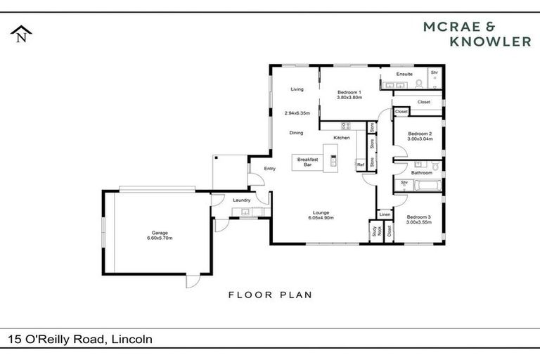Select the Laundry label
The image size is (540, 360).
(x=241, y=200)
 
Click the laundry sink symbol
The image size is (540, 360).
(x=245, y=211)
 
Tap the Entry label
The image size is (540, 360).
(x=269, y=169)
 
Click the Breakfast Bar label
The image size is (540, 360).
(x=307, y=162)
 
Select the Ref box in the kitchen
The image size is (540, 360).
(x=361, y=165)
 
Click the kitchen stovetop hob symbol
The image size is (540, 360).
(x=345, y=127)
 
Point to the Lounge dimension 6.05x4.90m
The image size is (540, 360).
(x=320, y=218)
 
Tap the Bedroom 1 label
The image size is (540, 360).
(x=349, y=92)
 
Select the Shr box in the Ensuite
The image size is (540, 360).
(x=435, y=72)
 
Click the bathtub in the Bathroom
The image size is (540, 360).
(x=425, y=186)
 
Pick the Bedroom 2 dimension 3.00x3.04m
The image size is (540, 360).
(x=420, y=139)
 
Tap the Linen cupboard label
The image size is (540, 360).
(x=385, y=214)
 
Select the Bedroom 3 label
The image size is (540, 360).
(x=419, y=217)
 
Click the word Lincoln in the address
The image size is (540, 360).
(x=132, y=340)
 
